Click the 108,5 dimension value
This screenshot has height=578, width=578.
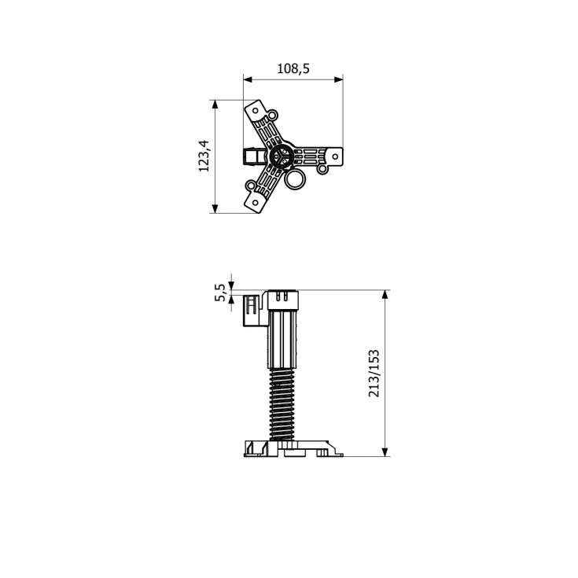click(293, 68)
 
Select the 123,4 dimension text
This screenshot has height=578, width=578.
click(204, 156)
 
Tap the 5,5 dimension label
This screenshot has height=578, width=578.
click(219, 293)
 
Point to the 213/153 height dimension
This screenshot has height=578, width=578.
click(374, 373)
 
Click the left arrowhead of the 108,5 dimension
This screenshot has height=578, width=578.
click(248, 79)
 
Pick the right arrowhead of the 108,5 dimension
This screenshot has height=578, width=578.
click(338, 79)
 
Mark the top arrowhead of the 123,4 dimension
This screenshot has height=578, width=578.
click(215, 105)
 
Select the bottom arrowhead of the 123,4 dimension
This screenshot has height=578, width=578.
click(215, 208)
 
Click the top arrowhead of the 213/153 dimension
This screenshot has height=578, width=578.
click(385, 295)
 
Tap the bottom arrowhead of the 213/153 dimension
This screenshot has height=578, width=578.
click(385, 452)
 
